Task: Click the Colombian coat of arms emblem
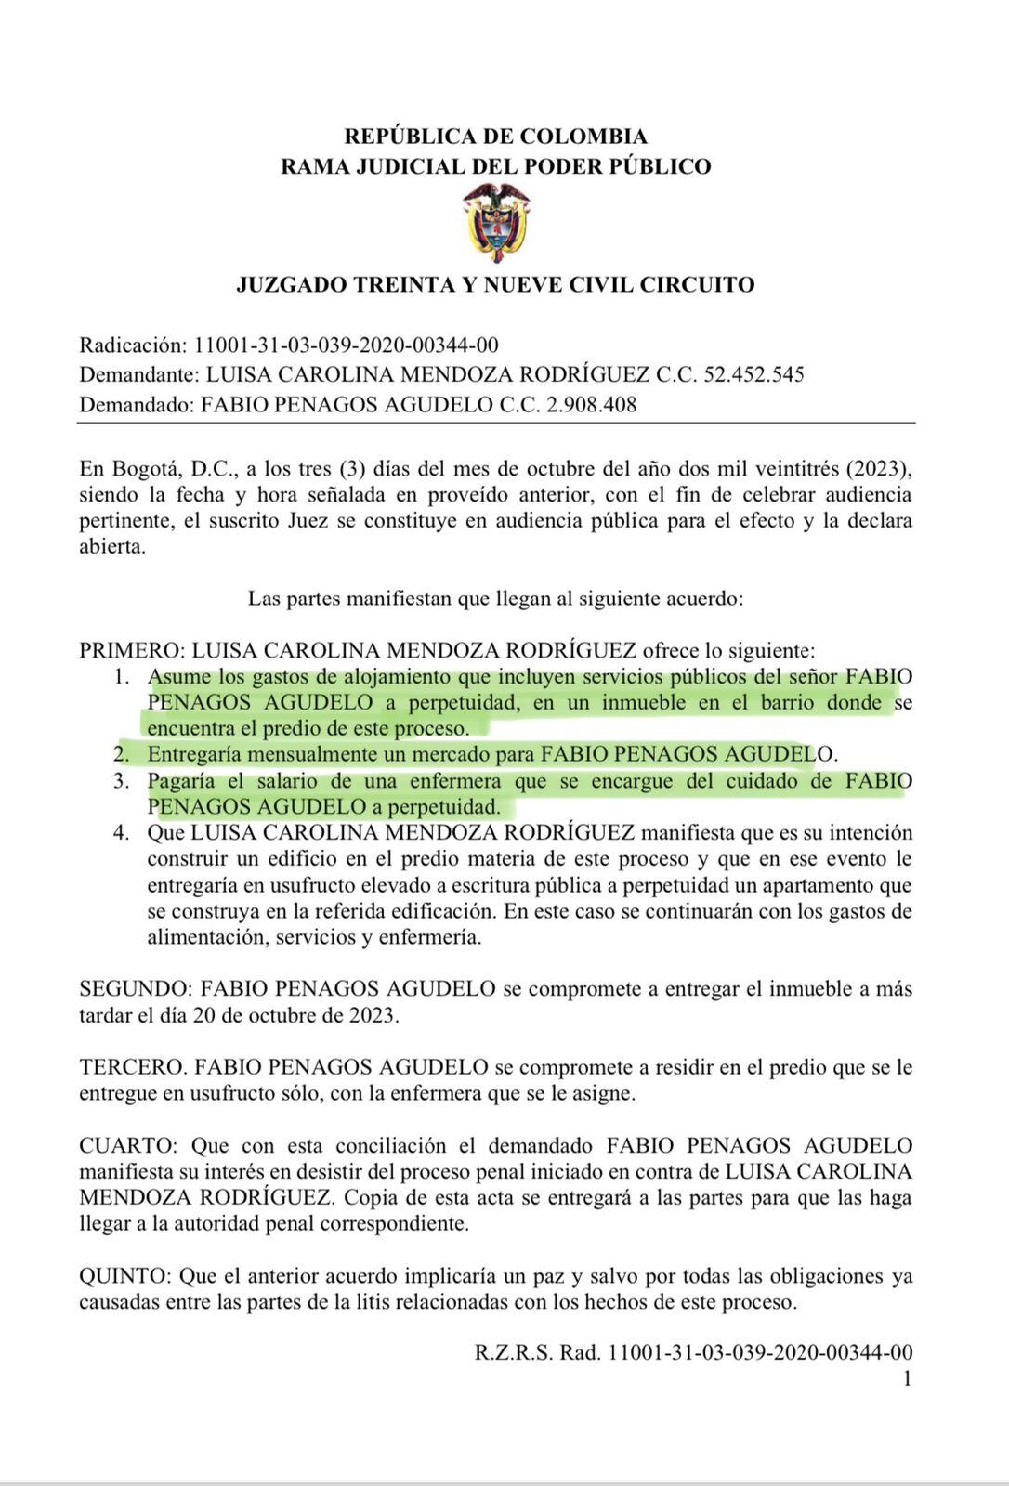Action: [496, 222]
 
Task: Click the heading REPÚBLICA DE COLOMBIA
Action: [495, 137]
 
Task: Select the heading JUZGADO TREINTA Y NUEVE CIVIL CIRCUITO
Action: [495, 284]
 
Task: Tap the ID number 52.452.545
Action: [753, 374]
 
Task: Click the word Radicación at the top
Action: [133, 345]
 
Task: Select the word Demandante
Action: [138, 374]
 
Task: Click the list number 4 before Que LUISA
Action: [121, 832]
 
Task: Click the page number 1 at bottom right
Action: [906, 1378]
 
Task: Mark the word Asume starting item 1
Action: [179, 676]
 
